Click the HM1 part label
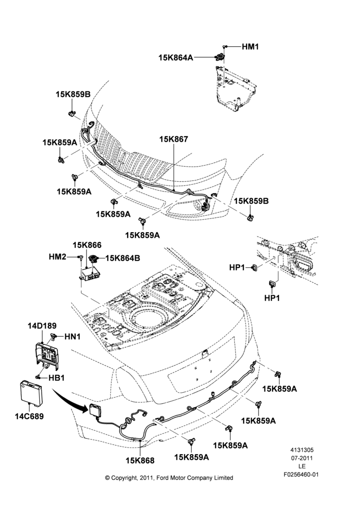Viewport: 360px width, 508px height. (250, 47)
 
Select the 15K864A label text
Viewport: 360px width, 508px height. (175, 58)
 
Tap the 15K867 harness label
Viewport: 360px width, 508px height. (173, 139)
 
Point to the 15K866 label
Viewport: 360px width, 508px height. (87, 245)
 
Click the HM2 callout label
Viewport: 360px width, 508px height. (57, 257)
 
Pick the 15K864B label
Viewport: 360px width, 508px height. (123, 258)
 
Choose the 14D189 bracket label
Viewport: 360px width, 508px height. (42, 326)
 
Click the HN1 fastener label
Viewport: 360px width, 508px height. (72, 337)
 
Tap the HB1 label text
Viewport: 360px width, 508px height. (56, 378)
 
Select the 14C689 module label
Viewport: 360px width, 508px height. (29, 416)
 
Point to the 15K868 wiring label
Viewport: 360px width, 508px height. (140, 460)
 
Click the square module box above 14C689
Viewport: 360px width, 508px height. (31, 391)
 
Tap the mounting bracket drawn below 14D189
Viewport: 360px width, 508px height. (46, 357)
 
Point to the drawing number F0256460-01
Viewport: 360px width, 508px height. (302, 474)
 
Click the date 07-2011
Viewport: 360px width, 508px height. (302, 458)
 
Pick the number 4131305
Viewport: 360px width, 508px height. (302, 450)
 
